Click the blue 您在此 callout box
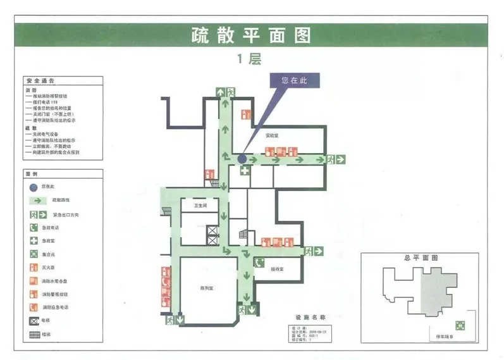coord(293,80)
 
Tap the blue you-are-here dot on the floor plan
coord(242,159)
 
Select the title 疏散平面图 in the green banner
coord(251,35)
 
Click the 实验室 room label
coord(272,135)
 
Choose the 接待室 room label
coord(277,269)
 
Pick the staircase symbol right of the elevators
coord(243,235)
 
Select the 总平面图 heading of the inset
coord(421,258)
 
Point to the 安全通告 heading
coord(40,82)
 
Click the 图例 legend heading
coord(32,173)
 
